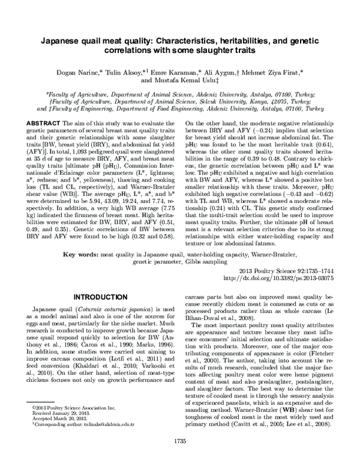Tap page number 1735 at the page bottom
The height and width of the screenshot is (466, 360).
(180, 458)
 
